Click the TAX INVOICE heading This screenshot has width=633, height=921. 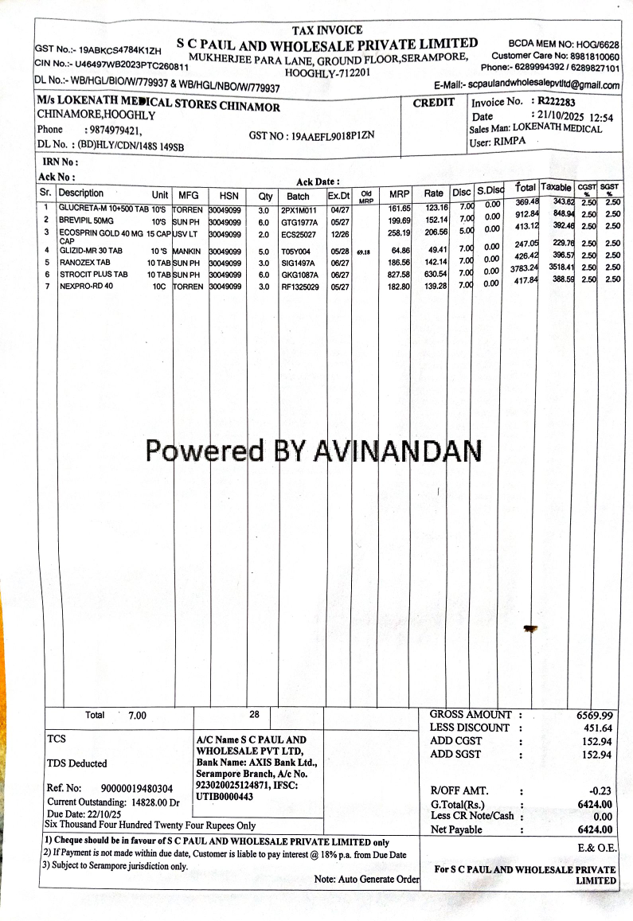coord(328,30)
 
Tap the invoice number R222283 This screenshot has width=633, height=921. coord(557,101)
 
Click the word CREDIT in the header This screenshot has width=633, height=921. coord(434,103)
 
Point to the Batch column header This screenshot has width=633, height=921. coord(298,196)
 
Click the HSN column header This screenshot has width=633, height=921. coord(229,195)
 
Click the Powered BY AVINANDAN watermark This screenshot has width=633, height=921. coord(313,451)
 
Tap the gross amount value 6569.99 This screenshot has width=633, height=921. coord(595,716)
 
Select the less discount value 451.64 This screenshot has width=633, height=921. coord(597,728)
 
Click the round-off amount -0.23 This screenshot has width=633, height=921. coord(600,791)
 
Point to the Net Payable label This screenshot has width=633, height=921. coord(456,829)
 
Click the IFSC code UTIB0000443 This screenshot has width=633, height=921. coord(225,797)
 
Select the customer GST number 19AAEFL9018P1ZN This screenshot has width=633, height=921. coord(311,136)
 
